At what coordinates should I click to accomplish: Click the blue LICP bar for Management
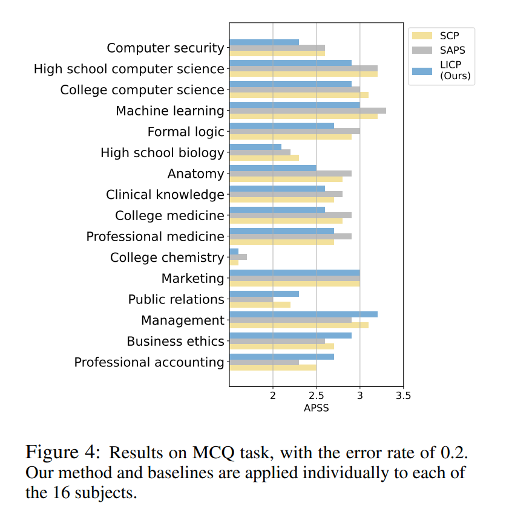click(x=303, y=314)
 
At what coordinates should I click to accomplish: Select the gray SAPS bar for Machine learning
click(x=307, y=111)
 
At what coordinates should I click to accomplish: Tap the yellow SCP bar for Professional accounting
click(x=272, y=368)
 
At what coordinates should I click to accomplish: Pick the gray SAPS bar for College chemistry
click(x=238, y=257)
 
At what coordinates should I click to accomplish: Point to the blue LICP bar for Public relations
click(x=264, y=293)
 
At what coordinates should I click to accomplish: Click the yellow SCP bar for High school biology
click(x=264, y=158)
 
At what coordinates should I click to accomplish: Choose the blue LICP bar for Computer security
click(x=264, y=42)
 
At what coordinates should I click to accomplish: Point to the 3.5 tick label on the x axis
click(x=403, y=396)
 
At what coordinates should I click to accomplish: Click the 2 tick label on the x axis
click(x=273, y=396)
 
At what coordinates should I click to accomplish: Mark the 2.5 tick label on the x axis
click(x=317, y=396)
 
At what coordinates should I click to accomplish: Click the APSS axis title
click(x=316, y=408)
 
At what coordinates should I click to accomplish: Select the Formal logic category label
click(x=186, y=132)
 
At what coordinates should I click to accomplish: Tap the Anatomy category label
click(x=195, y=174)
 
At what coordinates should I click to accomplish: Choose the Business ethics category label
click(x=176, y=342)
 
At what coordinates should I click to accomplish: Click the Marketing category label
click(x=192, y=279)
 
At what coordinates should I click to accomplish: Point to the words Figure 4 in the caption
click(x=61, y=453)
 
